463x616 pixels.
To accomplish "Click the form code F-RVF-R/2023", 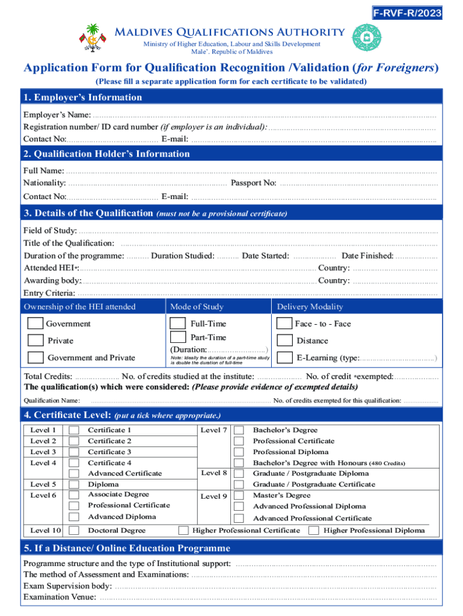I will pos(407,13).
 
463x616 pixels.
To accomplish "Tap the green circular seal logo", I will pos(366,38).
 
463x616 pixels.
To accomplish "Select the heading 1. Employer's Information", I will pos(82,97).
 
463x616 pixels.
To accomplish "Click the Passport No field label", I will pos(253,183).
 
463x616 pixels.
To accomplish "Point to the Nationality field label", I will pos(44,183).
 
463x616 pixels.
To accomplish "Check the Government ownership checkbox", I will pos(35,324).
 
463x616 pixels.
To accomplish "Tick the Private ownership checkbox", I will pos(35,340).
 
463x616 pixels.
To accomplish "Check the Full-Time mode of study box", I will pos(178,324).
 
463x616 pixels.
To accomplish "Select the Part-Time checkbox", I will pos(178,337).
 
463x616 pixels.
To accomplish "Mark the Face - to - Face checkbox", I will pos(284,324).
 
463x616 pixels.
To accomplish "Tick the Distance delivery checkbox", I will pos(284,340).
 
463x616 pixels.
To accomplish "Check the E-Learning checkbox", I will pos(284,358).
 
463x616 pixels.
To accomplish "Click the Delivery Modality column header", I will pos(310,307).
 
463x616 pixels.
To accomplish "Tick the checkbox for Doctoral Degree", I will pos(74,531).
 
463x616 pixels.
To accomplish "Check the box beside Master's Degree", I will pos(239,496).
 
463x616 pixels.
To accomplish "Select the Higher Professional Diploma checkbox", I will pos(313,531).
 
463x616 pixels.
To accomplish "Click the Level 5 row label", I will pos(43,484).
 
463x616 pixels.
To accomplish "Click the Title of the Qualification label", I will pos(69,243).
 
